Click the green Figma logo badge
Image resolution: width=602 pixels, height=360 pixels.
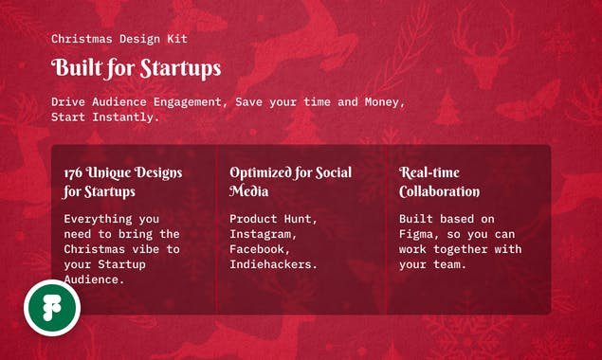point(52,308)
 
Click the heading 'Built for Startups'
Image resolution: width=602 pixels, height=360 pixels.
point(136,68)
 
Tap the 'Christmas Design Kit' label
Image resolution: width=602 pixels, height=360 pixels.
point(119,39)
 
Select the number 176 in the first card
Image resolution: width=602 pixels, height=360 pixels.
point(74,173)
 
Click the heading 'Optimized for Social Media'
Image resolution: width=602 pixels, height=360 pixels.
point(290,182)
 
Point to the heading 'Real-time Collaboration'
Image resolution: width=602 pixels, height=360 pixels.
point(439,182)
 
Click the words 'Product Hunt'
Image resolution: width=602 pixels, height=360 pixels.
point(273,219)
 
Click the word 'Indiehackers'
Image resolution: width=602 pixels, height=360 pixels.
point(273,264)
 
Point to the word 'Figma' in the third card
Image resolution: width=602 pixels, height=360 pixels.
point(418,234)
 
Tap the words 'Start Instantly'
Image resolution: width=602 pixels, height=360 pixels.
point(103,117)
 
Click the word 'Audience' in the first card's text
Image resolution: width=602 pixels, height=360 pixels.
point(95,279)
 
